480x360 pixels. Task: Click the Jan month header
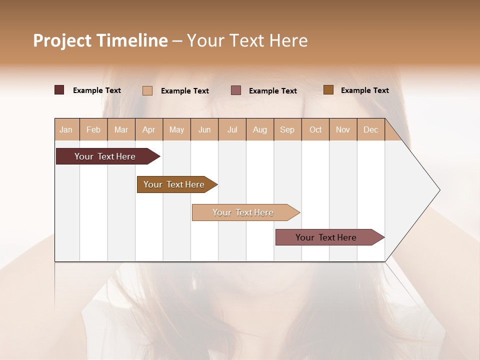pos(66,129)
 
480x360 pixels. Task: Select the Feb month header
pos(93,129)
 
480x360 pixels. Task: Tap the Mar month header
pos(121,129)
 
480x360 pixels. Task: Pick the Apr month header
pos(149,129)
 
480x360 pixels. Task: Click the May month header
pos(176,129)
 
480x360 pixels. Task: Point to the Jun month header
pos(204,129)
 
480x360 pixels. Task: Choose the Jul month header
pos(232,129)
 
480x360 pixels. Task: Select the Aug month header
pos(260,129)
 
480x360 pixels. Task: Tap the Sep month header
pos(287,129)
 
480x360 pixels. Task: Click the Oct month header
pos(315,129)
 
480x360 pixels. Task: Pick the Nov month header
pos(343,129)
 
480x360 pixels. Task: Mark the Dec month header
pos(371,129)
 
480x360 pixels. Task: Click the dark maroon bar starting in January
pos(105,156)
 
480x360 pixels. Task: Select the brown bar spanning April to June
pos(174,184)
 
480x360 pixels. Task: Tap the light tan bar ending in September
pos(243,212)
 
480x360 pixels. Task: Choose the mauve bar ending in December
pos(326,237)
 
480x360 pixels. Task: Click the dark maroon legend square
pos(59,90)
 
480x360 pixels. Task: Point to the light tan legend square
pos(147,90)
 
